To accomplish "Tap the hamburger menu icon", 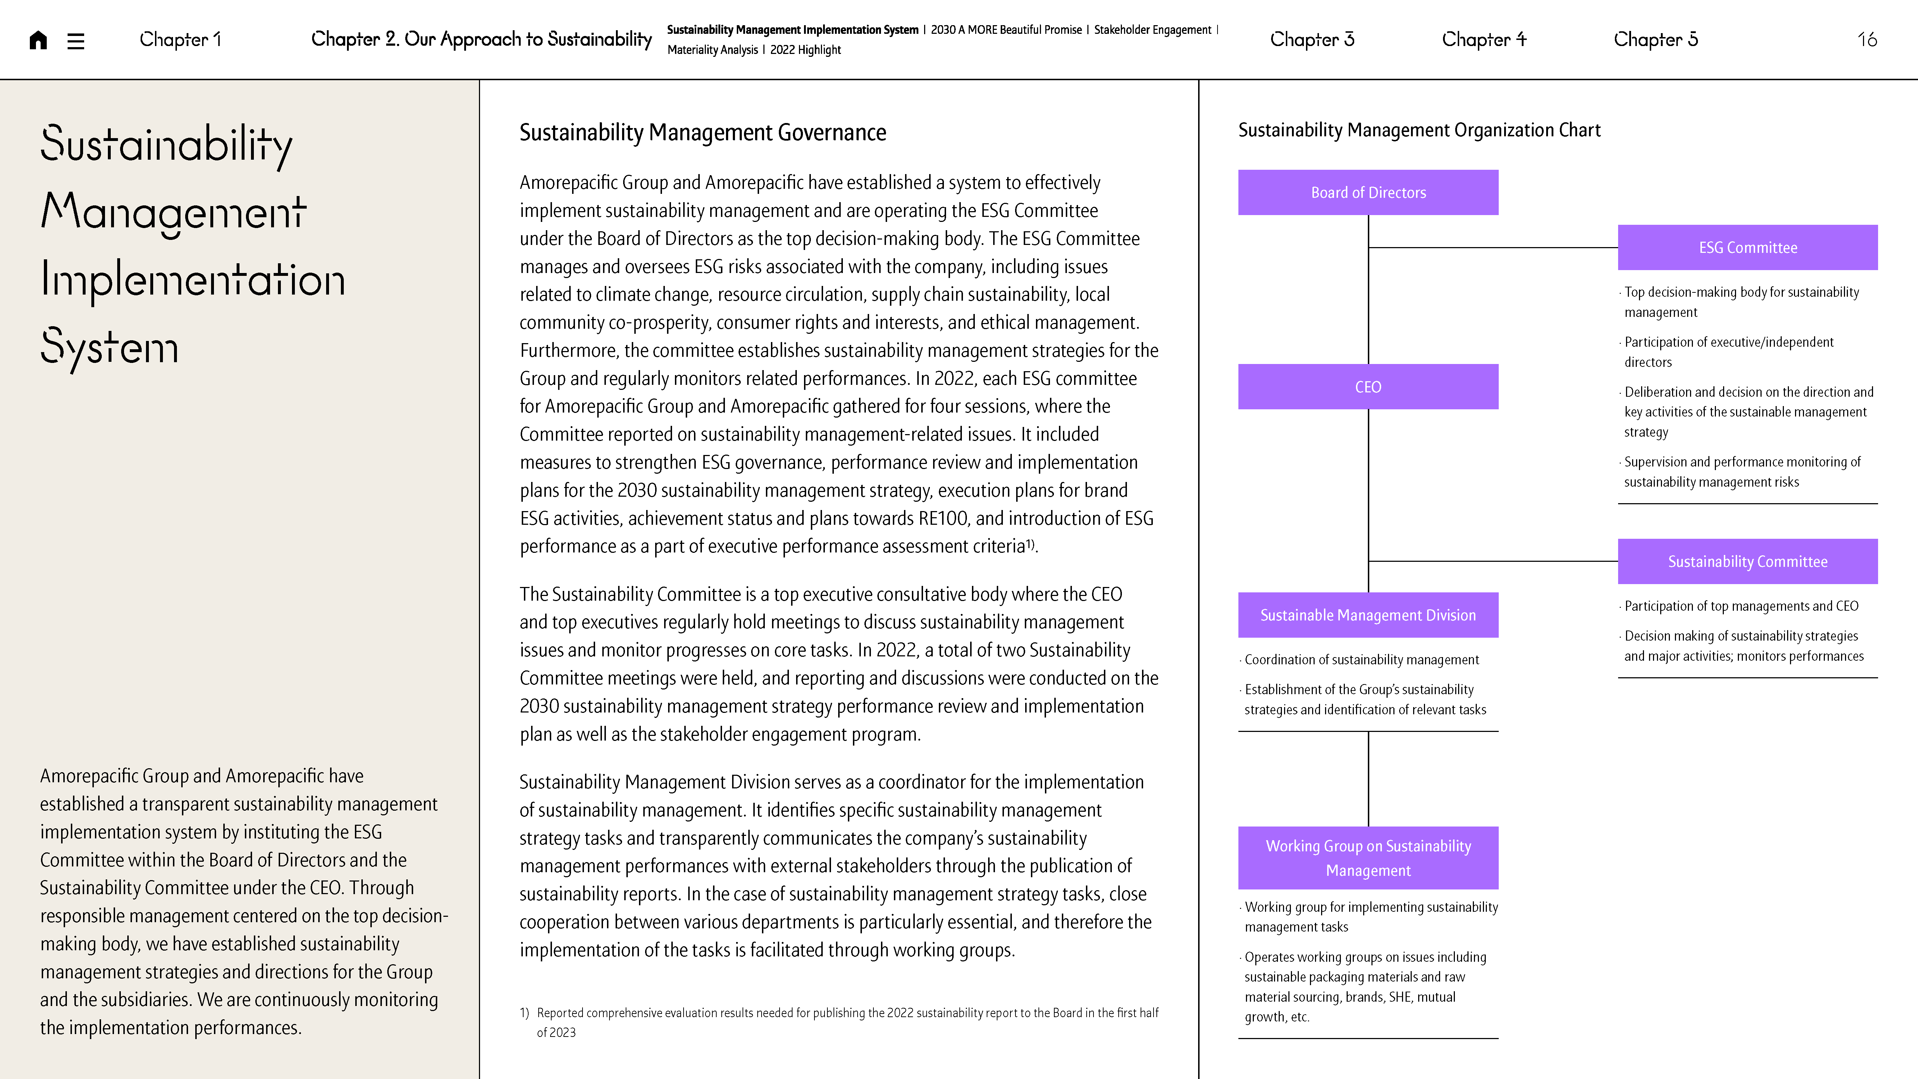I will coord(75,40).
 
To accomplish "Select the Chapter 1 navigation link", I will coord(180,40).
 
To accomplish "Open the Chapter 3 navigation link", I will coord(1312,40).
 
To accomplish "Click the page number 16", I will coord(1867,40).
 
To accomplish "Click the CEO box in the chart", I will coord(1368,387).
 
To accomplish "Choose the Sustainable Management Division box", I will coord(1368,615).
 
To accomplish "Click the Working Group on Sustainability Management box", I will coord(1368,858).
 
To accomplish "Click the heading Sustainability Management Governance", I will coord(702,133).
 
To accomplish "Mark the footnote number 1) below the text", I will coord(524,1013).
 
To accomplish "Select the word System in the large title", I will coord(109,348).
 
